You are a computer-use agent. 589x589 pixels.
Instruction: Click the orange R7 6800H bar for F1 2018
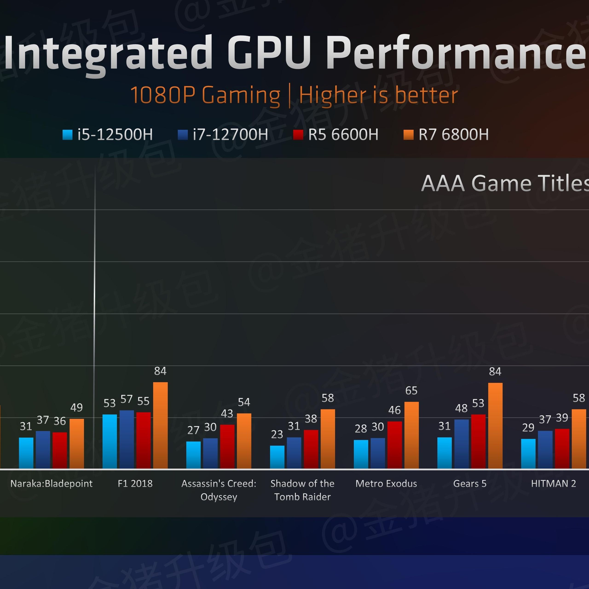click(x=160, y=425)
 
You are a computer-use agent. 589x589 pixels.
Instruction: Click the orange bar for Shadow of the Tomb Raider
click(x=328, y=439)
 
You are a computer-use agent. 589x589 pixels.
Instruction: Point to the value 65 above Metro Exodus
click(x=411, y=390)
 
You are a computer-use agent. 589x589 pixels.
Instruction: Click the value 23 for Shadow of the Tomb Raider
click(x=277, y=434)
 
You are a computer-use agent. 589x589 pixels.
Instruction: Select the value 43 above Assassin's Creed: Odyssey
click(x=227, y=413)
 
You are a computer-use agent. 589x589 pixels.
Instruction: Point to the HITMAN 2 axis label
click(x=553, y=484)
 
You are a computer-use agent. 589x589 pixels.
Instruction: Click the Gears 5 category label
click(x=470, y=484)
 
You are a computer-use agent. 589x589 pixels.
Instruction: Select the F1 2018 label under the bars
click(x=135, y=484)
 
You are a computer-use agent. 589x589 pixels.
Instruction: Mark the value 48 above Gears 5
click(x=461, y=408)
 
